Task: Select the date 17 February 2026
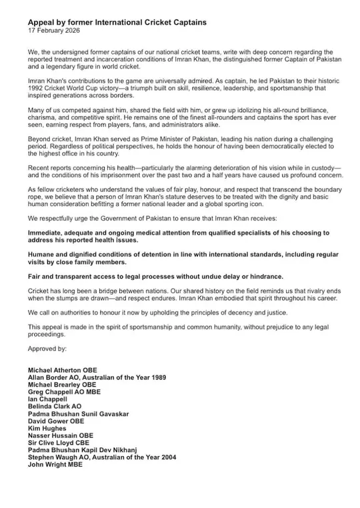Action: pyautogui.click(x=53, y=31)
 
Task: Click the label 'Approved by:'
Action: pyautogui.click(x=47, y=348)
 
